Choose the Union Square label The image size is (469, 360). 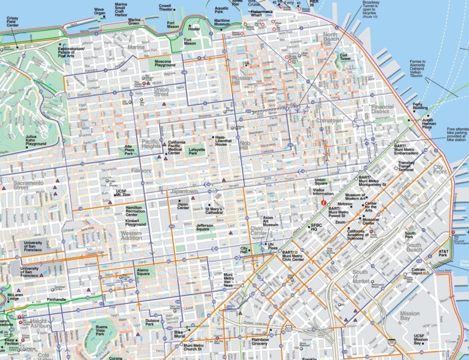click(x=321, y=182)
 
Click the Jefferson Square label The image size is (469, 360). click(x=205, y=228)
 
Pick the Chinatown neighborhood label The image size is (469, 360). click(x=329, y=120)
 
